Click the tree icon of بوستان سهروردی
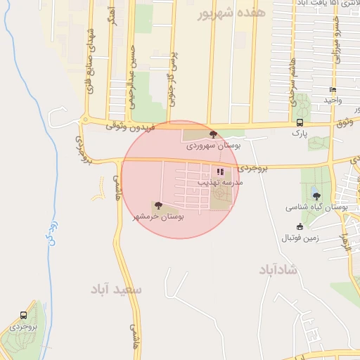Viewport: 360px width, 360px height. [213, 134]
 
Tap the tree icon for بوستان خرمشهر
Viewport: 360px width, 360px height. [157, 206]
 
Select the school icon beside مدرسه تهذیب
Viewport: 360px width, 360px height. [221, 171]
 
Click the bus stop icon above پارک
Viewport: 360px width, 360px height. [300, 122]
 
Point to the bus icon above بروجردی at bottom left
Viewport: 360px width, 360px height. [24, 316]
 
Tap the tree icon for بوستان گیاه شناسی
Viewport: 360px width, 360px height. [316, 196]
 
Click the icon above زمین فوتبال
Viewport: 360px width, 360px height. [300, 226]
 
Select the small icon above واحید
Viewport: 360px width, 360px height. [333, 90]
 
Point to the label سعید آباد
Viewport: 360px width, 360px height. [116, 288]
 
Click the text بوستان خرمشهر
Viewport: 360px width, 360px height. [158, 217]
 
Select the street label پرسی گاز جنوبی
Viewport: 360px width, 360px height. [171, 81]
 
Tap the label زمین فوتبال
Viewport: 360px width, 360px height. [302, 238]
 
